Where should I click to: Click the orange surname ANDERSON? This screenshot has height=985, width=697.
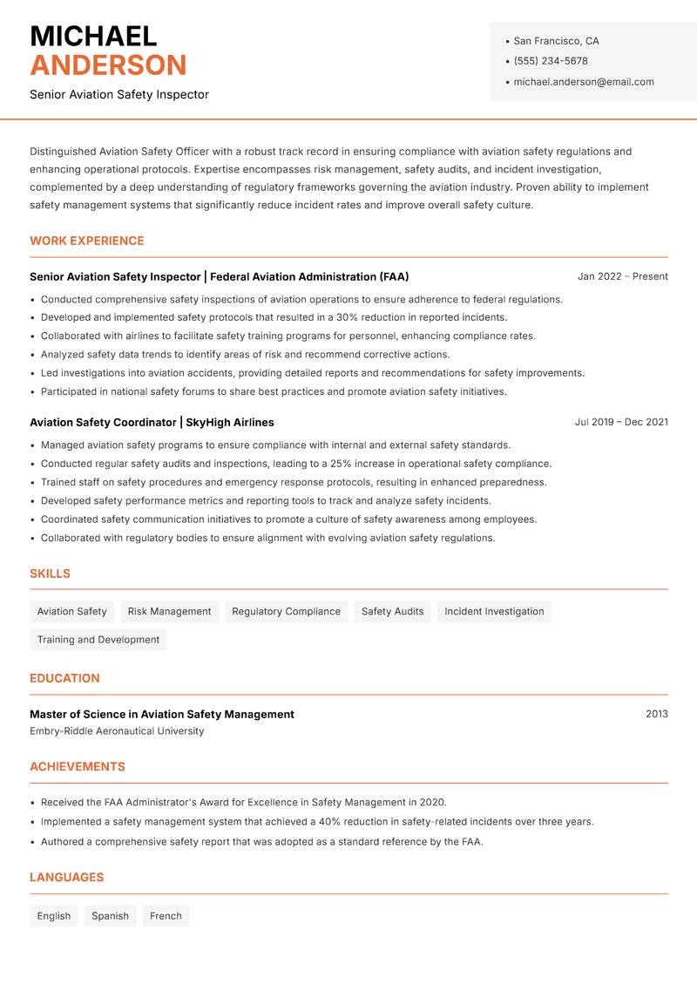click(108, 65)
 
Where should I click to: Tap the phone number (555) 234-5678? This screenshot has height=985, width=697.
click(551, 61)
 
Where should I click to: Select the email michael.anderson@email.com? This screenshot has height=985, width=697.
click(584, 82)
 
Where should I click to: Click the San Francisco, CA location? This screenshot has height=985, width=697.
click(556, 41)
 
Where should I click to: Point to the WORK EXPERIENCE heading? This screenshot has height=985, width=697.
click(87, 241)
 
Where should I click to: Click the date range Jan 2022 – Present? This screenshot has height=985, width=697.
click(622, 276)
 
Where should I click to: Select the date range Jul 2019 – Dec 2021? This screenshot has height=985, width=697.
click(621, 422)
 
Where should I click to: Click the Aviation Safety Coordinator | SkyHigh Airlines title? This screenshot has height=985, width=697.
click(152, 422)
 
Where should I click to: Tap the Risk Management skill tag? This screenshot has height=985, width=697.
click(169, 611)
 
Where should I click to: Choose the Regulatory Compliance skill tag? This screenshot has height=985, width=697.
click(286, 611)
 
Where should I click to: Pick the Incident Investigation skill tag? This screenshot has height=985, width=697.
click(494, 611)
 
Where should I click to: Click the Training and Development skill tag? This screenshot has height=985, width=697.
click(98, 640)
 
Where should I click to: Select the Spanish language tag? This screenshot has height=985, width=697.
click(110, 916)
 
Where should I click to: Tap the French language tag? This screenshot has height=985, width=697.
click(166, 916)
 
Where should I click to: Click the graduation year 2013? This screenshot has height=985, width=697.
click(656, 714)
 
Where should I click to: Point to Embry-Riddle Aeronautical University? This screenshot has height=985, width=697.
click(117, 731)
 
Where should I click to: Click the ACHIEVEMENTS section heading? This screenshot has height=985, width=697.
click(78, 767)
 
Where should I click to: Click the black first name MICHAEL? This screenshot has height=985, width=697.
click(93, 36)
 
